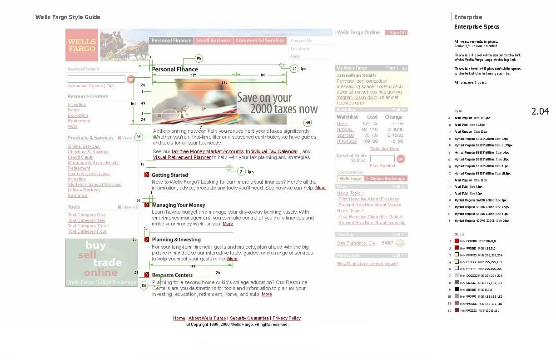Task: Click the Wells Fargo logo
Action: point(82,45)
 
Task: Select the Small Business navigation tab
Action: point(213,40)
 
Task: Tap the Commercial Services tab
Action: point(260,40)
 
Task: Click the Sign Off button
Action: point(396,33)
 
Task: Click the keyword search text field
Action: point(96,79)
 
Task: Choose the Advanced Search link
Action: point(85,86)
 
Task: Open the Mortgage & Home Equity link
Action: point(93,163)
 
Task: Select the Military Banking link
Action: point(84,190)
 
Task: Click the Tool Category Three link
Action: point(89,226)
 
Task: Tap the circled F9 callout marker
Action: point(199,59)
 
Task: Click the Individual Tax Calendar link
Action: point(272,151)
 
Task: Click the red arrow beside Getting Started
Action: point(147,175)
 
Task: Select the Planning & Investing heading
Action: point(176,240)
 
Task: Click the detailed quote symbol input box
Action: point(382,159)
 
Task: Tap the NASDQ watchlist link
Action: point(345,130)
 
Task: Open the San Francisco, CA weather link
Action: point(356,243)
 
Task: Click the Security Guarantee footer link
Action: point(249,318)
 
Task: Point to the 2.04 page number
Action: point(540,111)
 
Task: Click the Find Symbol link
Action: point(382,166)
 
